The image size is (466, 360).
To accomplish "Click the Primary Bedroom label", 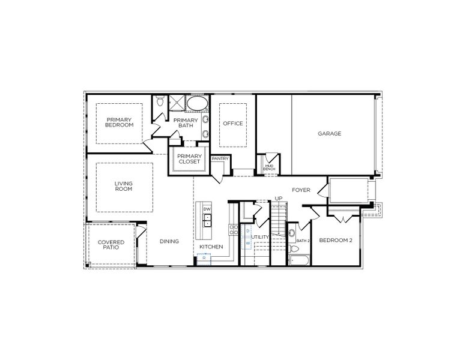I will pyautogui.click(x=119, y=122).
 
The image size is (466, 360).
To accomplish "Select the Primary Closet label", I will pyautogui.click(x=189, y=159).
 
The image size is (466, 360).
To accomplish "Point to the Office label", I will pyautogui.click(x=233, y=124).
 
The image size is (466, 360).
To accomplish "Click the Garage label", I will pyautogui.click(x=330, y=133).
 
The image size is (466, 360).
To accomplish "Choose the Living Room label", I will pyautogui.click(x=124, y=186).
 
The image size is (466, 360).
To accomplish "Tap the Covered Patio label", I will pyautogui.click(x=111, y=245).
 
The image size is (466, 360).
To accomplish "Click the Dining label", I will pyautogui.click(x=169, y=242).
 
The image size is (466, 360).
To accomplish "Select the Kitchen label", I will pyautogui.click(x=211, y=247).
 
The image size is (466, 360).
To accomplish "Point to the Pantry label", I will pyautogui.click(x=220, y=158).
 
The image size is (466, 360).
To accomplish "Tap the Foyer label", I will pyautogui.click(x=301, y=190).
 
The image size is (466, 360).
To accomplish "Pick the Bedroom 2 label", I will pyautogui.click(x=335, y=240).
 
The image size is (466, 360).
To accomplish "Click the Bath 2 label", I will pyautogui.click(x=303, y=241).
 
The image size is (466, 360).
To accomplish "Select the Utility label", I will pyautogui.click(x=261, y=237).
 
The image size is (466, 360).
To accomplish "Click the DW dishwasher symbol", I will pyautogui.click(x=207, y=209).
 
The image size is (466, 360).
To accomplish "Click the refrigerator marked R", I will pyautogui.click(x=204, y=258).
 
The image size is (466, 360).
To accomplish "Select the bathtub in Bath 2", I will pyautogui.click(x=298, y=260).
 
